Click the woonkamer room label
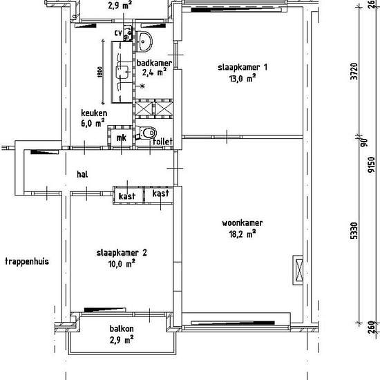click(x=243, y=223)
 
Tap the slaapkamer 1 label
click(x=243, y=67)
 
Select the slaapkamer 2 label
click(x=122, y=253)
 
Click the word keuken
click(x=94, y=113)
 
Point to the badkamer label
click(x=154, y=63)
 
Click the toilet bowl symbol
click(x=146, y=133)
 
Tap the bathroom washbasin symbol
click(x=144, y=41)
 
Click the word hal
click(x=82, y=174)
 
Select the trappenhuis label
click(x=27, y=261)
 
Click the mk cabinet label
click(x=121, y=138)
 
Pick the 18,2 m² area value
click(x=243, y=234)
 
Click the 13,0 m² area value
click(x=243, y=79)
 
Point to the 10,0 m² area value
click(x=122, y=264)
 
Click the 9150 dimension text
click(x=371, y=164)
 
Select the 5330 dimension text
click(x=354, y=231)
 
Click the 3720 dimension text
click(x=354, y=71)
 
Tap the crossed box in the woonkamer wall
click(x=298, y=269)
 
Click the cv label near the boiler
click(x=118, y=32)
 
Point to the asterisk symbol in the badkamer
click(x=142, y=86)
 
